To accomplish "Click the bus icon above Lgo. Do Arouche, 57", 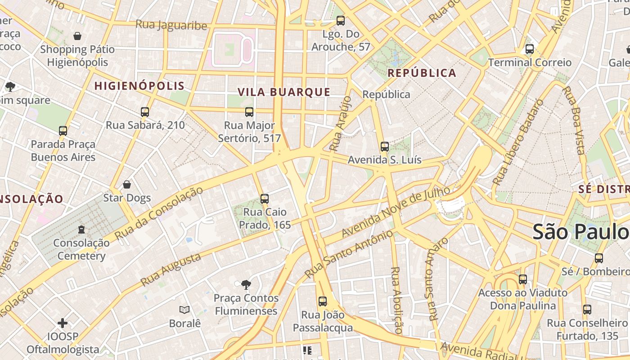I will click(x=341, y=20).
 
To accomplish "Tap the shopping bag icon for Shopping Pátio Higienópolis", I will click(x=77, y=36).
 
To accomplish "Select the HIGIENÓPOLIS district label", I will click(x=139, y=86).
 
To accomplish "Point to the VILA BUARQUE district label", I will click(x=284, y=92).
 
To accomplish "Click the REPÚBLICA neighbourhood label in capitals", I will click(x=422, y=73).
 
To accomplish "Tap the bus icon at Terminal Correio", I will click(x=530, y=49).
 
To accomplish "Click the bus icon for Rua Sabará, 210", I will click(x=145, y=112).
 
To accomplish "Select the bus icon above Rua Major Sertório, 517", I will click(x=249, y=112).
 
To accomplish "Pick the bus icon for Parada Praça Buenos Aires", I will click(x=63, y=131).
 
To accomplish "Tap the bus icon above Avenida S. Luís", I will click(x=384, y=146).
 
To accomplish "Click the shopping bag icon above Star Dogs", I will click(x=127, y=184).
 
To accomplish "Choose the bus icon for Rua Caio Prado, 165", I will click(x=265, y=198).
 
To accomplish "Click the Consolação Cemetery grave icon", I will click(x=81, y=229).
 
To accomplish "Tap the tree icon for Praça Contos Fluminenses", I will click(x=246, y=284).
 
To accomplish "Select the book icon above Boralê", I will click(x=184, y=310).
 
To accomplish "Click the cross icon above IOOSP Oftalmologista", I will click(x=63, y=323).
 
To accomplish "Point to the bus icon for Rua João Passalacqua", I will click(x=323, y=301).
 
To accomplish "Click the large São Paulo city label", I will click(x=580, y=232).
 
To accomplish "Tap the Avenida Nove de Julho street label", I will click(x=396, y=212).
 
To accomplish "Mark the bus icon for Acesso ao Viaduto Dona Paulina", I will click(x=522, y=279).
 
